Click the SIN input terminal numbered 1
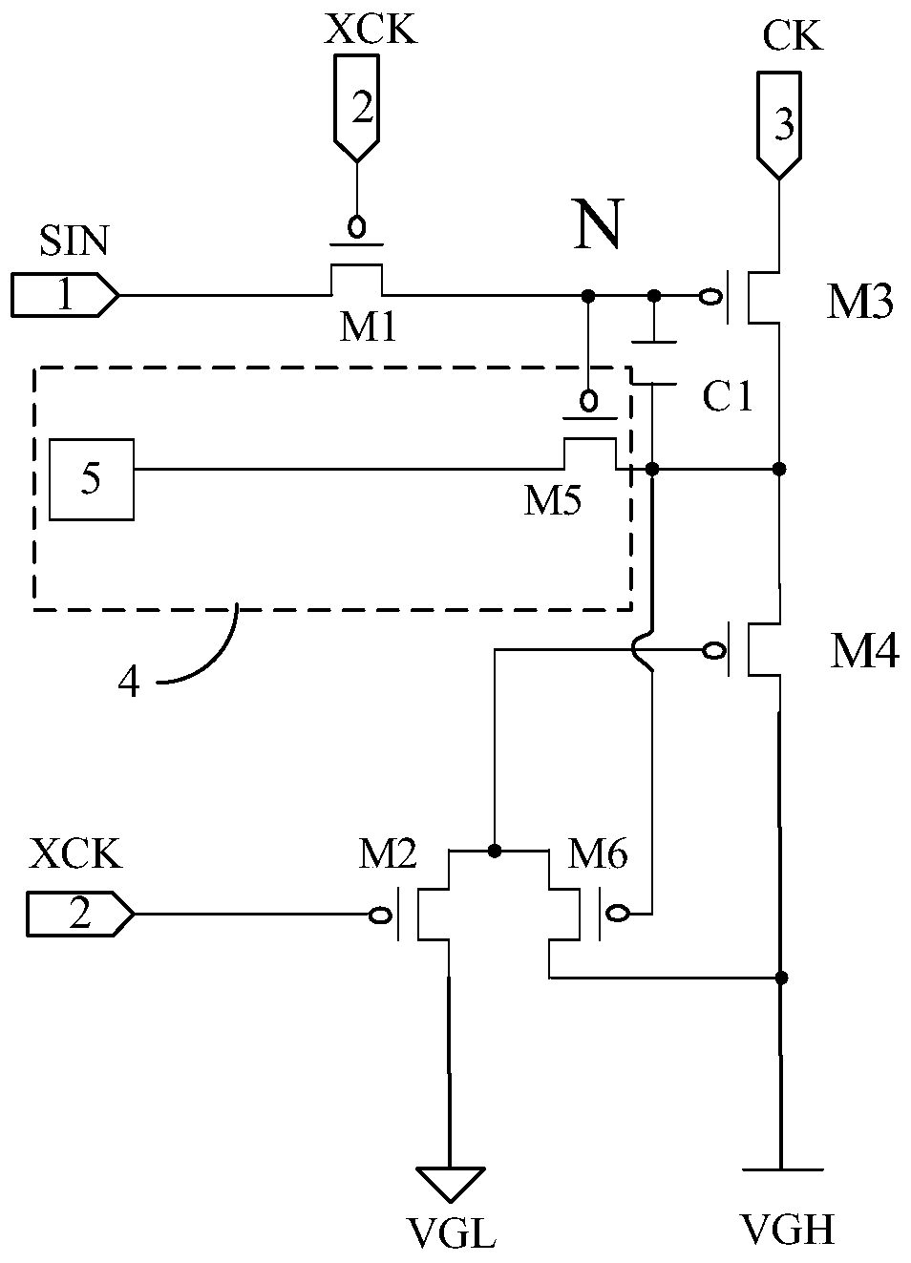point(65,295)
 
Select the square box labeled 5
point(92,479)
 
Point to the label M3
point(859,303)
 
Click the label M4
point(864,651)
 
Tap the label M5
point(552,500)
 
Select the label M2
point(388,853)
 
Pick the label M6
point(597,853)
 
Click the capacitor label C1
point(728,396)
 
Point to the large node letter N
point(599,223)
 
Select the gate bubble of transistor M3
point(710,296)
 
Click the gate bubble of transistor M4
point(714,651)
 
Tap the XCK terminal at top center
point(356,108)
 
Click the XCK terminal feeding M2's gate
point(80,914)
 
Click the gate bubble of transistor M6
point(617,912)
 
